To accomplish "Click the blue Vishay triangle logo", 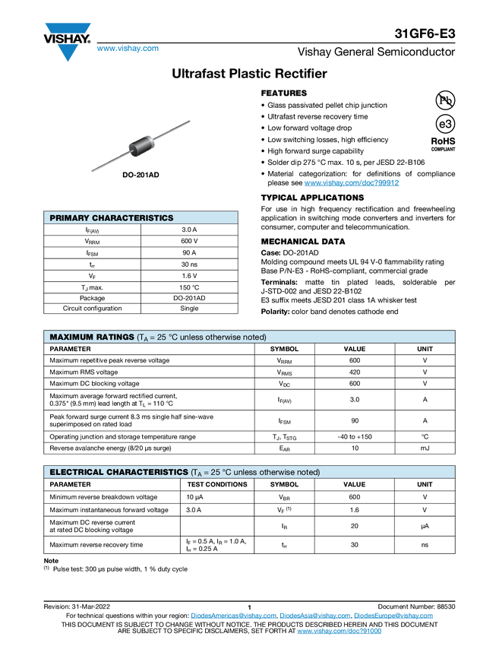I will point(68,52).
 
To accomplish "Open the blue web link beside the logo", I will point(128,49).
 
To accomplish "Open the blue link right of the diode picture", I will point(352,182).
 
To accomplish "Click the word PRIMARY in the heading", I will point(69,218).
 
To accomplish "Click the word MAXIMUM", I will point(69,337).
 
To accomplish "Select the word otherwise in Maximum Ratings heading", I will point(226,337).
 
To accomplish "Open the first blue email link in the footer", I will point(232,616).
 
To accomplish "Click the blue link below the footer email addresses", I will point(339,632).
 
